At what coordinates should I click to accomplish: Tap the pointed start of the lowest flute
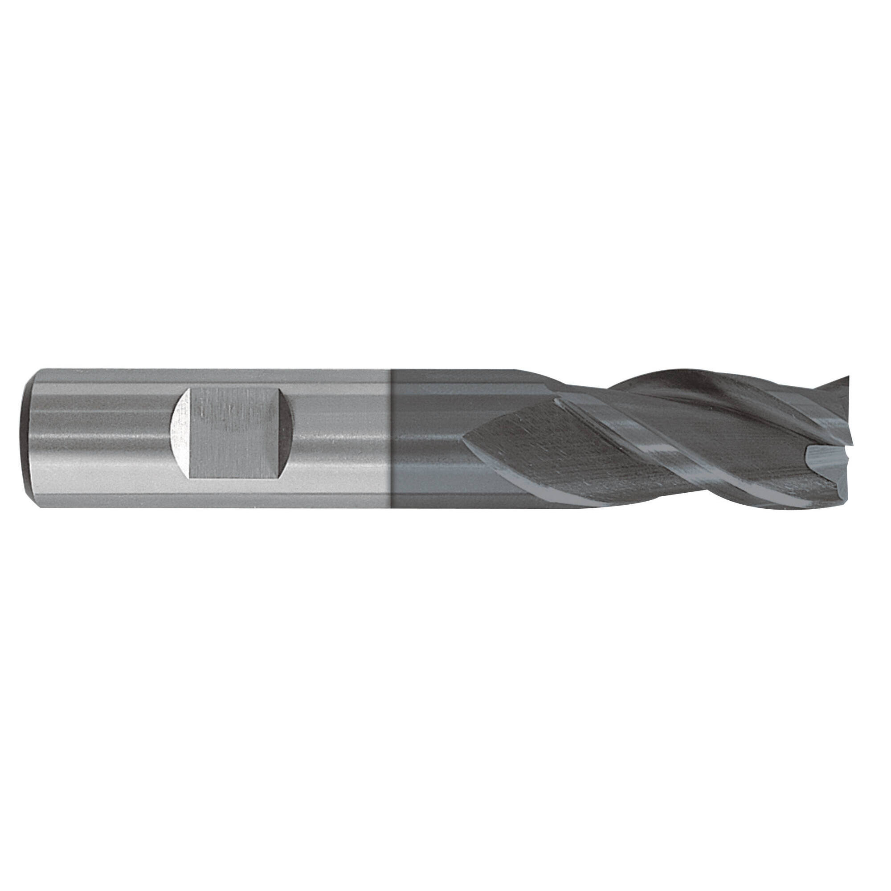pos(465,437)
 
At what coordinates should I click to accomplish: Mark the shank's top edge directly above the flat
pos(235,369)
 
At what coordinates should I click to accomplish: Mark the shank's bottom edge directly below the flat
pos(235,508)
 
